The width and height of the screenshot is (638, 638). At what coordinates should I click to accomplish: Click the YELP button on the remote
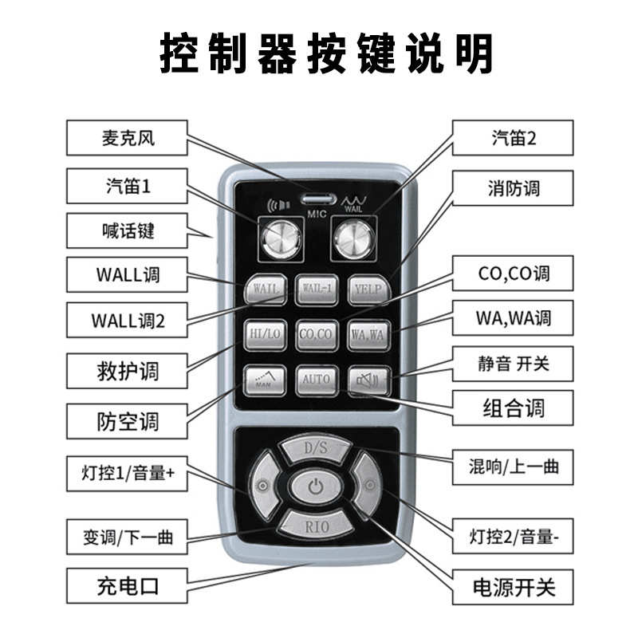[368, 289]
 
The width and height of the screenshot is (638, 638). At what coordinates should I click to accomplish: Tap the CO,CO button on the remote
[317, 333]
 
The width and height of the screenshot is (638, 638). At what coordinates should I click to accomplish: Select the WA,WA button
[368, 334]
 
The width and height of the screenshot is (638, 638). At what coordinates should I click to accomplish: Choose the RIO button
[317, 525]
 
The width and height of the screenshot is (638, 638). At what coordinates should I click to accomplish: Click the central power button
[317, 486]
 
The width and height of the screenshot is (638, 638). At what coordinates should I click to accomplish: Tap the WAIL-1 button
[317, 288]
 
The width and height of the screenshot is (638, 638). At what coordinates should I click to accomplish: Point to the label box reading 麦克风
[126, 138]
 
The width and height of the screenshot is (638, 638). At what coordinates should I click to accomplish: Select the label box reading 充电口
[126, 588]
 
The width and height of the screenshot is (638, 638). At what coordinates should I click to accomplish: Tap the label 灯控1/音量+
[126, 473]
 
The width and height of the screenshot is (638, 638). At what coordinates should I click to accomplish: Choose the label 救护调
[126, 370]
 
